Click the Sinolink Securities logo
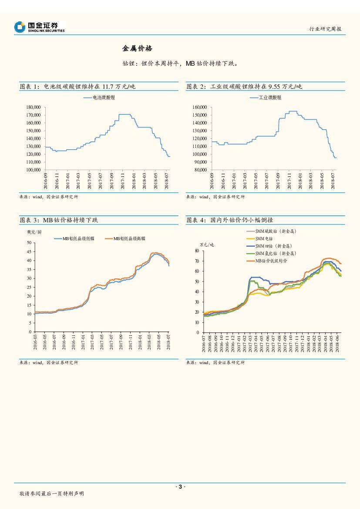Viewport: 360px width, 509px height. [x=40, y=27]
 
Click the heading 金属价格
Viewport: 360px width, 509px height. [x=137, y=48]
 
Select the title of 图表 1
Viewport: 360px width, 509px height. [x=78, y=87]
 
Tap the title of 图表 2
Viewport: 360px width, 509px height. [x=244, y=87]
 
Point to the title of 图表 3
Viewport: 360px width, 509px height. [x=59, y=220]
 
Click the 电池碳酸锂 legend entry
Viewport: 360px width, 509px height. [x=101, y=97]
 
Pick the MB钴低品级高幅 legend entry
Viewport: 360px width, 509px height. [x=129, y=238]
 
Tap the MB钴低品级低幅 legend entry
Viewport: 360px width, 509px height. [x=78, y=238]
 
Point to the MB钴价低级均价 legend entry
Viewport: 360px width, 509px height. [x=274, y=261]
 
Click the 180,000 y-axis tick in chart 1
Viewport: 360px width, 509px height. [x=34, y=107]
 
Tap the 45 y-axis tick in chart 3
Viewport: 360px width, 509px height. [x=29, y=251]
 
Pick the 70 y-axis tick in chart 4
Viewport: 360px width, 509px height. [x=196, y=261]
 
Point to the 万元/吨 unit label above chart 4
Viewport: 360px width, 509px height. [x=207, y=245]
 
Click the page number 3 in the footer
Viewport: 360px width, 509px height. [x=180, y=486]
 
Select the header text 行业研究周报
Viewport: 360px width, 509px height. [x=325, y=29]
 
